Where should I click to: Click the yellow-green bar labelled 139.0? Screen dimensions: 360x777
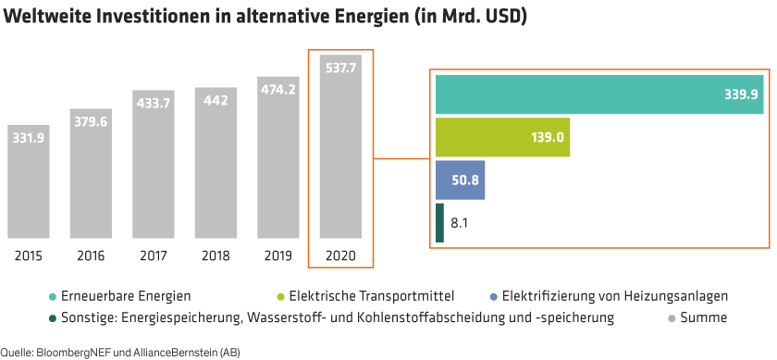pos(501,137)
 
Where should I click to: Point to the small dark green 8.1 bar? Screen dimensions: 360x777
pos(439,222)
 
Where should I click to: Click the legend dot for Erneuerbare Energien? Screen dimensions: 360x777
pos(52,297)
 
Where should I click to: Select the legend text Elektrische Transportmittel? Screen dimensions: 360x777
pos(372,297)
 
